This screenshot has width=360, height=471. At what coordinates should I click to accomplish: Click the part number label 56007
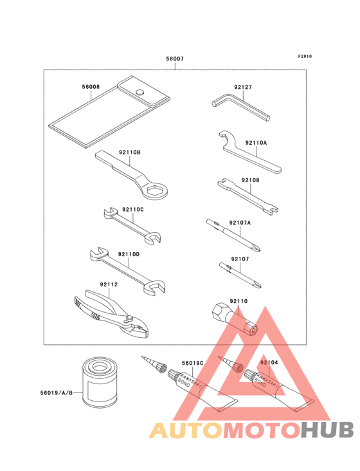(x=175, y=59)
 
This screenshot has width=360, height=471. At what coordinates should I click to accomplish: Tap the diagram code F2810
(x=305, y=56)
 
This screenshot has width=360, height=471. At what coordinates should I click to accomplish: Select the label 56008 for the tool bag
(x=91, y=86)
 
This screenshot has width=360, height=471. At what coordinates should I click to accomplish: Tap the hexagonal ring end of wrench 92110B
(x=157, y=189)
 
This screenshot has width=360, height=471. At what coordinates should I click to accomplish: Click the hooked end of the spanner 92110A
(x=224, y=138)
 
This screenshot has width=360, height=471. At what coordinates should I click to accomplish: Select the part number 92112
(x=109, y=284)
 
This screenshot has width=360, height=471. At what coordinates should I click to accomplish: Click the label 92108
(x=251, y=181)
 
